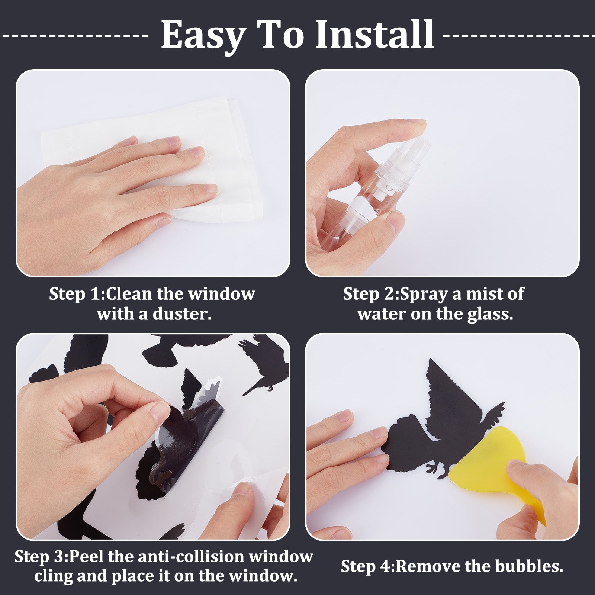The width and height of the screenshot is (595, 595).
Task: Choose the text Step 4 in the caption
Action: pos(367,567)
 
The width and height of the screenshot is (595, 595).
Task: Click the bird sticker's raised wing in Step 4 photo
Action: pos(450,394)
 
